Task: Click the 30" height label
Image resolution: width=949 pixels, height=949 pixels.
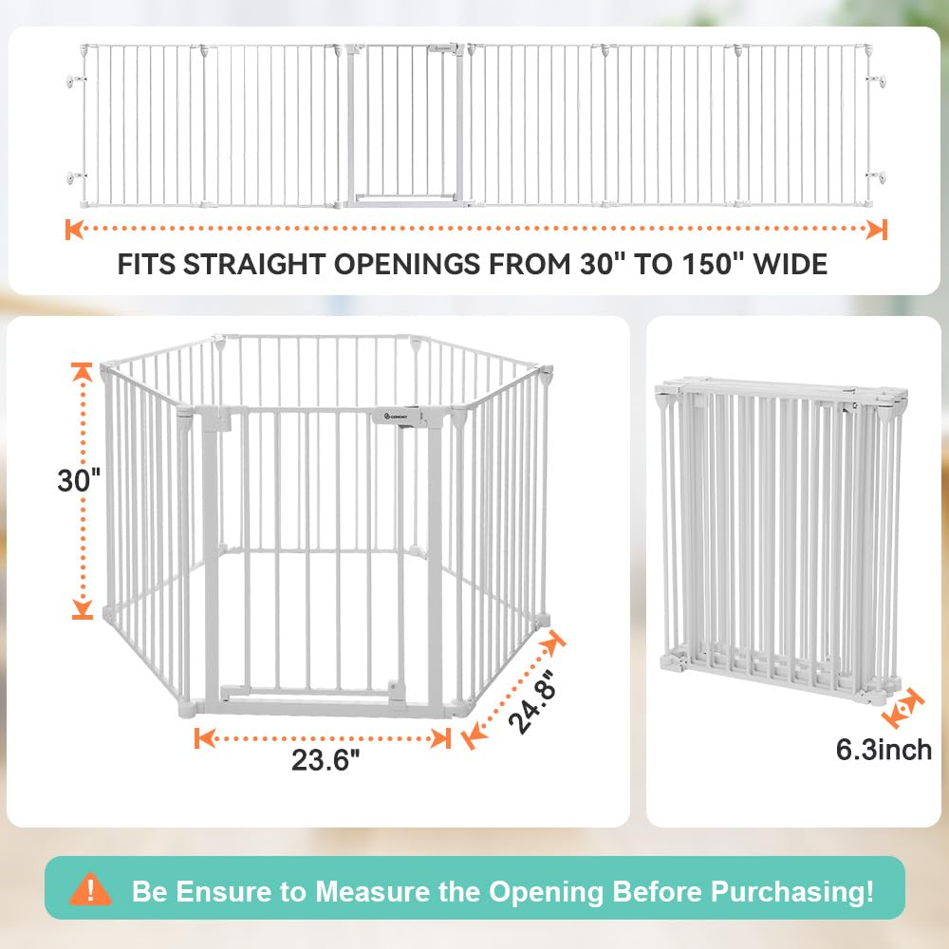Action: [x=79, y=481]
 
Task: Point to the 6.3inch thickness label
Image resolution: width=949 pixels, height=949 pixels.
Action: [x=884, y=751]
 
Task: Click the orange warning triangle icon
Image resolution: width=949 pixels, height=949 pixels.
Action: [x=89, y=890]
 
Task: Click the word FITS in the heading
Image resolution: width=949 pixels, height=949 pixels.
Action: [x=147, y=264]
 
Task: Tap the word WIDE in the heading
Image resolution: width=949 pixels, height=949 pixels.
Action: [x=791, y=264]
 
